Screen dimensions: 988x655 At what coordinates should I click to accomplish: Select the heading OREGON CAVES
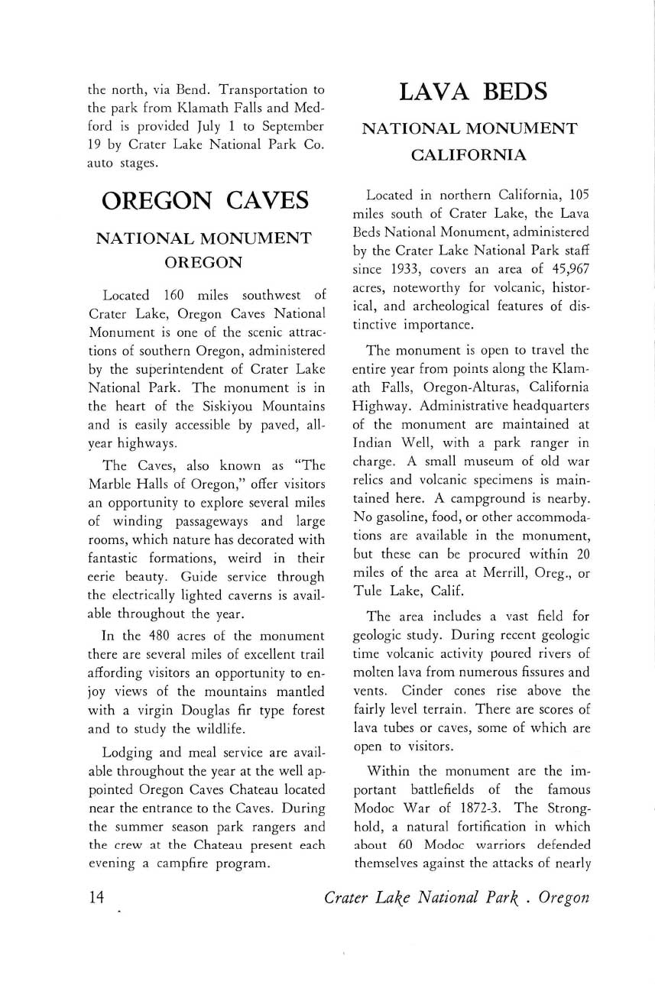[x=205, y=200]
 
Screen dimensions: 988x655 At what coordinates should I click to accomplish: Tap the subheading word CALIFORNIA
[x=469, y=155]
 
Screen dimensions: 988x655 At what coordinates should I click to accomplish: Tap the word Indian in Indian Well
[x=371, y=442]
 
